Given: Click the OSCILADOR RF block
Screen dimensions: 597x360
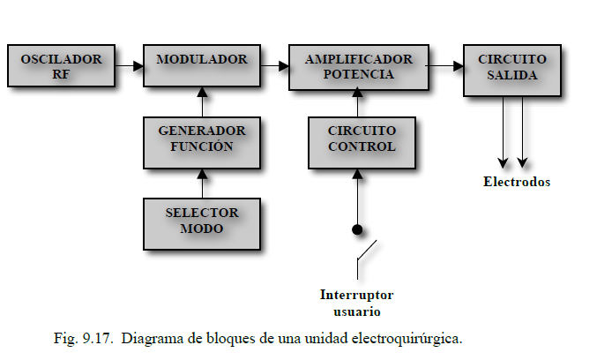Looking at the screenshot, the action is tap(62, 66).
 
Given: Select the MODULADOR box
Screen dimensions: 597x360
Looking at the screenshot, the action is tap(202, 66).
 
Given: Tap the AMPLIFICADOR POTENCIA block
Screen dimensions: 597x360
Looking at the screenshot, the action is tap(359, 67).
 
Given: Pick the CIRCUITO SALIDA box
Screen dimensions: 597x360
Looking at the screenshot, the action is tap(512, 71).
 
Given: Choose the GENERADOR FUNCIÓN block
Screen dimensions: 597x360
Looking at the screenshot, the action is tap(202, 143).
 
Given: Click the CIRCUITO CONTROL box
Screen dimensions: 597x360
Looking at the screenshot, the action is tap(362, 143).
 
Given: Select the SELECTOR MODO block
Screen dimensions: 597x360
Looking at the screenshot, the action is tap(202, 224).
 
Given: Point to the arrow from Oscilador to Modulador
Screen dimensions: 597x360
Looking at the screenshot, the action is tap(130, 66).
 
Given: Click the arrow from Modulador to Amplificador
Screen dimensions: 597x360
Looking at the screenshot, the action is tap(275, 66).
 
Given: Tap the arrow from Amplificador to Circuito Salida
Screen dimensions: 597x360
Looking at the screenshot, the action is tap(446, 66).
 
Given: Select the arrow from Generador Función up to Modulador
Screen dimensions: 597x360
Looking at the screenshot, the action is tap(202, 102).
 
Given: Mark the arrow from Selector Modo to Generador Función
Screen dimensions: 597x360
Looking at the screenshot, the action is tap(202, 184).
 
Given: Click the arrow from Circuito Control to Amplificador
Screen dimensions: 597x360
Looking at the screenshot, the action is tap(357, 102).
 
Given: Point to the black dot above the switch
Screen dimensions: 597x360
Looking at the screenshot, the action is tap(357, 229).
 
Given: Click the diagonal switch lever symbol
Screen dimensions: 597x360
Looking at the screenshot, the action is tap(366, 251).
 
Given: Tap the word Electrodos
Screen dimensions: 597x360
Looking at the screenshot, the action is tap(517, 182).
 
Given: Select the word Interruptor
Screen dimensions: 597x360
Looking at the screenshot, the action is tap(357, 295).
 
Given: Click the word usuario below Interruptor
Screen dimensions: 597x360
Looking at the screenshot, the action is tap(357, 311).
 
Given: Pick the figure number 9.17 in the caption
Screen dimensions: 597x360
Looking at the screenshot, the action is tap(97, 338).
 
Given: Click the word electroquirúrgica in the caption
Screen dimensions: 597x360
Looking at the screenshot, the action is tap(407, 339).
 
